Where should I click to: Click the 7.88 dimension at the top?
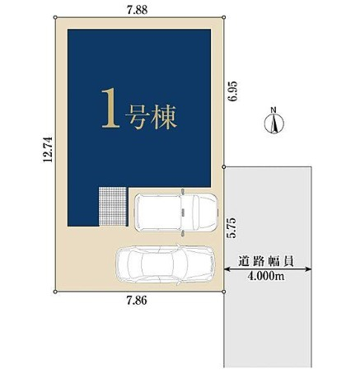click(138, 9)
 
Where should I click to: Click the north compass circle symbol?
click(273, 125)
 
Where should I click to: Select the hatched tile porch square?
click(114, 207)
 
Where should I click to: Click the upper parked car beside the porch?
click(176, 211)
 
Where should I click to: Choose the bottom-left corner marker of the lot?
click(55, 292)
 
